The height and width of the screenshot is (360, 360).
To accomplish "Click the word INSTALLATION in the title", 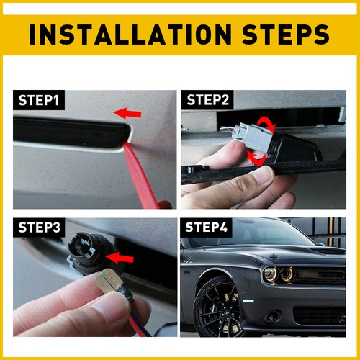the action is (x=130, y=35).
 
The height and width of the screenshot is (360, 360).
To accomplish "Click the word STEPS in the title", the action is (x=285, y=35).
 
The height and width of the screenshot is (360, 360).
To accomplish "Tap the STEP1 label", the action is (x=39, y=100).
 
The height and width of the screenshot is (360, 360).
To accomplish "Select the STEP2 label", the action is (x=208, y=100).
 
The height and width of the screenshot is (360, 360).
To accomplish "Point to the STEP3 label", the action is (x=39, y=228).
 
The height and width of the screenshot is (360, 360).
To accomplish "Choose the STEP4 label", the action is (x=206, y=227).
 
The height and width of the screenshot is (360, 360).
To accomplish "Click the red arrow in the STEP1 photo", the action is (x=127, y=113).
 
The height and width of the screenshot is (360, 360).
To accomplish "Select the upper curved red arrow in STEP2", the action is (x=267, y=124).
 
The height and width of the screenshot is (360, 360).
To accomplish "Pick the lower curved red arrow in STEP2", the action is (x=256, y=158).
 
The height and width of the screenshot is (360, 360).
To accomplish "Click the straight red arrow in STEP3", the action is (x=120, y=258).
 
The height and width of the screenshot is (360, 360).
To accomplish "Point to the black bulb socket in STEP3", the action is (x=84, y=252).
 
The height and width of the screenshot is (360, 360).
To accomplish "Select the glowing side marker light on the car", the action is (x=247, y=301).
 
